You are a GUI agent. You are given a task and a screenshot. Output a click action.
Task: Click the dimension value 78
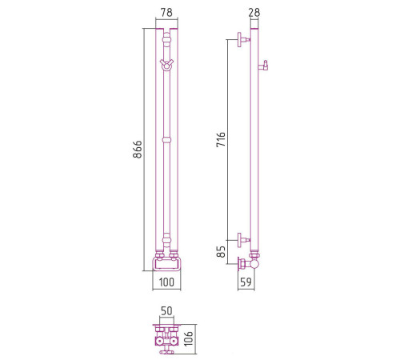tap(166, 12)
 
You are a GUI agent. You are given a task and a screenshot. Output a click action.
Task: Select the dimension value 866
tap(138, 150)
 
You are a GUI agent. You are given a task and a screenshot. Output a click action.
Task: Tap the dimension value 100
tap(166, 282)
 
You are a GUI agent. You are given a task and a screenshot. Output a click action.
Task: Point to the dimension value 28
tap(254, 12)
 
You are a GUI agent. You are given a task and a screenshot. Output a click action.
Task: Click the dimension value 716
tap(221, 139)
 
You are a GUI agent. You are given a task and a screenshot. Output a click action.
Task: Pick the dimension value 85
tap(221, 252)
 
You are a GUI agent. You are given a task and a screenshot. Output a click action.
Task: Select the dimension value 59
tap(246, 282)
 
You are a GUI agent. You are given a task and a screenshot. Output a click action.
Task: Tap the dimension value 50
tap(166, 311)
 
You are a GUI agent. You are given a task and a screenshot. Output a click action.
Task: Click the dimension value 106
tap(189, 338)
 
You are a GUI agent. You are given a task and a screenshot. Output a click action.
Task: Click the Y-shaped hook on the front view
tap(166, 64)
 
